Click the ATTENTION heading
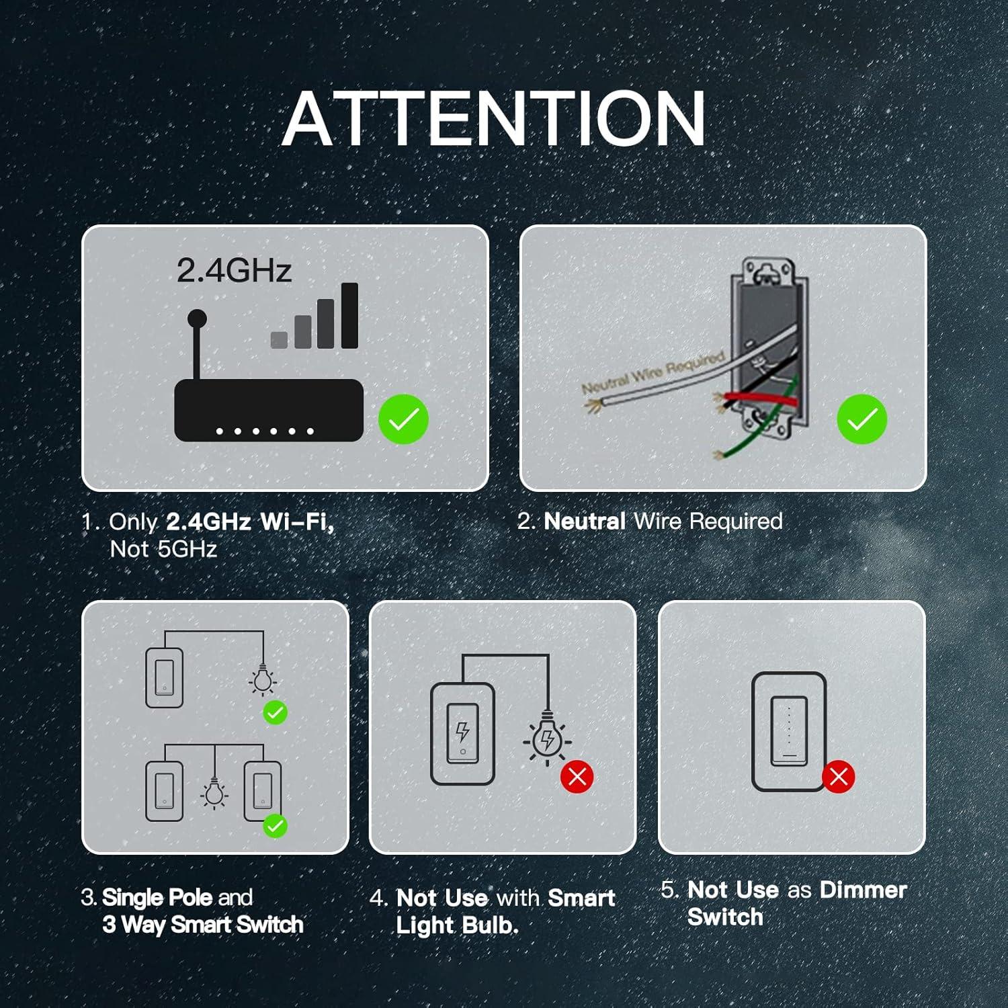pyautogui.click(x=494, y=119)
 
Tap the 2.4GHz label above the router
pyautogui.click(x=234, y=270)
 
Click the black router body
pyautogui.click(x=268, y=410)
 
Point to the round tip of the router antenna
pyautogui.click(x=197, y=318)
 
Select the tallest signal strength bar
pyautogui.click(x=349, y=315)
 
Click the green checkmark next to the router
pyautogui.click(x=403, y=419)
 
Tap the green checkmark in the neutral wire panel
pyautogui.click(x=862, y=419)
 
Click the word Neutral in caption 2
pyautogui.click(x=585, y=521)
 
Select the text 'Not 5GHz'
pyautogui.click(x=163, y=549)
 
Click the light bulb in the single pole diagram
pyautogui.click(x=263, y=679)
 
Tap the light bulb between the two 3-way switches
pyautogui.click(x=214, y=793)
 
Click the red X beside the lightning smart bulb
pyautogui.click(x=577, y=777)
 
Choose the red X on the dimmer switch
pyautogui.click(x=838, y=777)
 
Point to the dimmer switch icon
pyautogui.click(x=788, y=731)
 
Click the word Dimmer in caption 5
pyautogui.click(x=863, y=890)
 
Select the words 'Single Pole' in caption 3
pyautogui.click(x=157, y=897)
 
